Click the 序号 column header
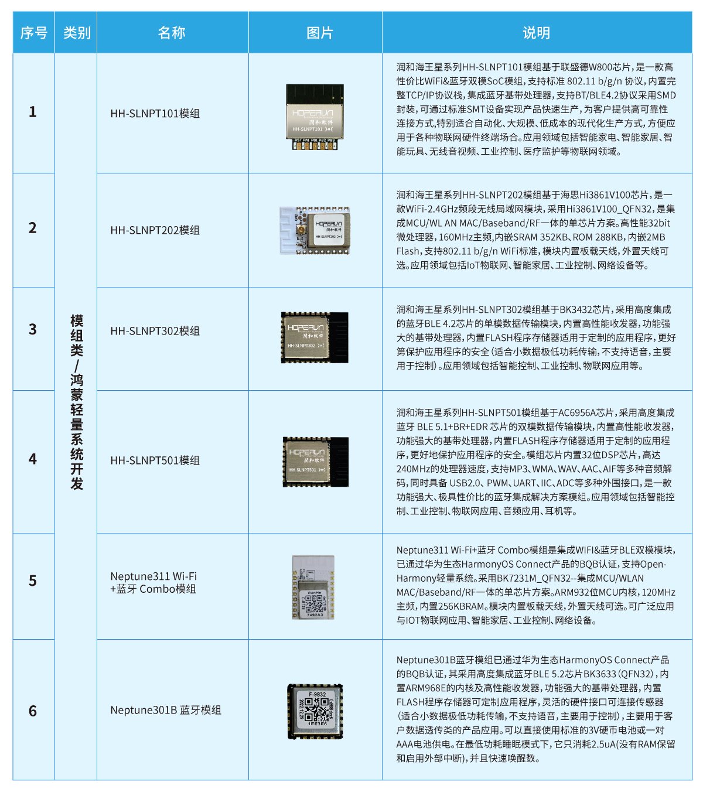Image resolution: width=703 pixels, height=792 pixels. click(x=33, y=33)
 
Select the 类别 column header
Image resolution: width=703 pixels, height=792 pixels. click(x=76, y=33)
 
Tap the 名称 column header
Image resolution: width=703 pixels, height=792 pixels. click(x=172, y=33)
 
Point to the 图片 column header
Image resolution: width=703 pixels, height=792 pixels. click(x=319, y=33)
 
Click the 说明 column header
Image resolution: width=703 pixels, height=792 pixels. click(x=536, y=33)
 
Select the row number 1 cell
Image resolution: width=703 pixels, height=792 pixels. click(x=33, y=112)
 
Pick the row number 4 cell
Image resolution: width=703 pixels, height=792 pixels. click(x=33, y=459)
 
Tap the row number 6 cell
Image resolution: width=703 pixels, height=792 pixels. click(x=33, y=711)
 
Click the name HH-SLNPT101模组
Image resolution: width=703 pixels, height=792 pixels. click(x=155, y=114)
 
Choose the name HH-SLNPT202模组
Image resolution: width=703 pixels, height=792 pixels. click(x=155, y=230)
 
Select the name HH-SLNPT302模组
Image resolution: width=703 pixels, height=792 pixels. click(x=155, y=331)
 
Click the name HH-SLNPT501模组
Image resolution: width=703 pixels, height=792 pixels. click(x=155, y=460)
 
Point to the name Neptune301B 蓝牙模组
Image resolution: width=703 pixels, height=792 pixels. click(x=166, y=710)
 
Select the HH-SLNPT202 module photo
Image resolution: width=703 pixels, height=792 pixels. click(x=315, y=230)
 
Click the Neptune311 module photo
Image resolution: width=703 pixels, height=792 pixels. click(x=313, y=588)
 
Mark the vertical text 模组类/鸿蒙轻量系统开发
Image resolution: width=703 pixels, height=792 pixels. click(x=76, y=402)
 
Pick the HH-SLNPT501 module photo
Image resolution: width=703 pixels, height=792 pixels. click(x=315, y=461)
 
